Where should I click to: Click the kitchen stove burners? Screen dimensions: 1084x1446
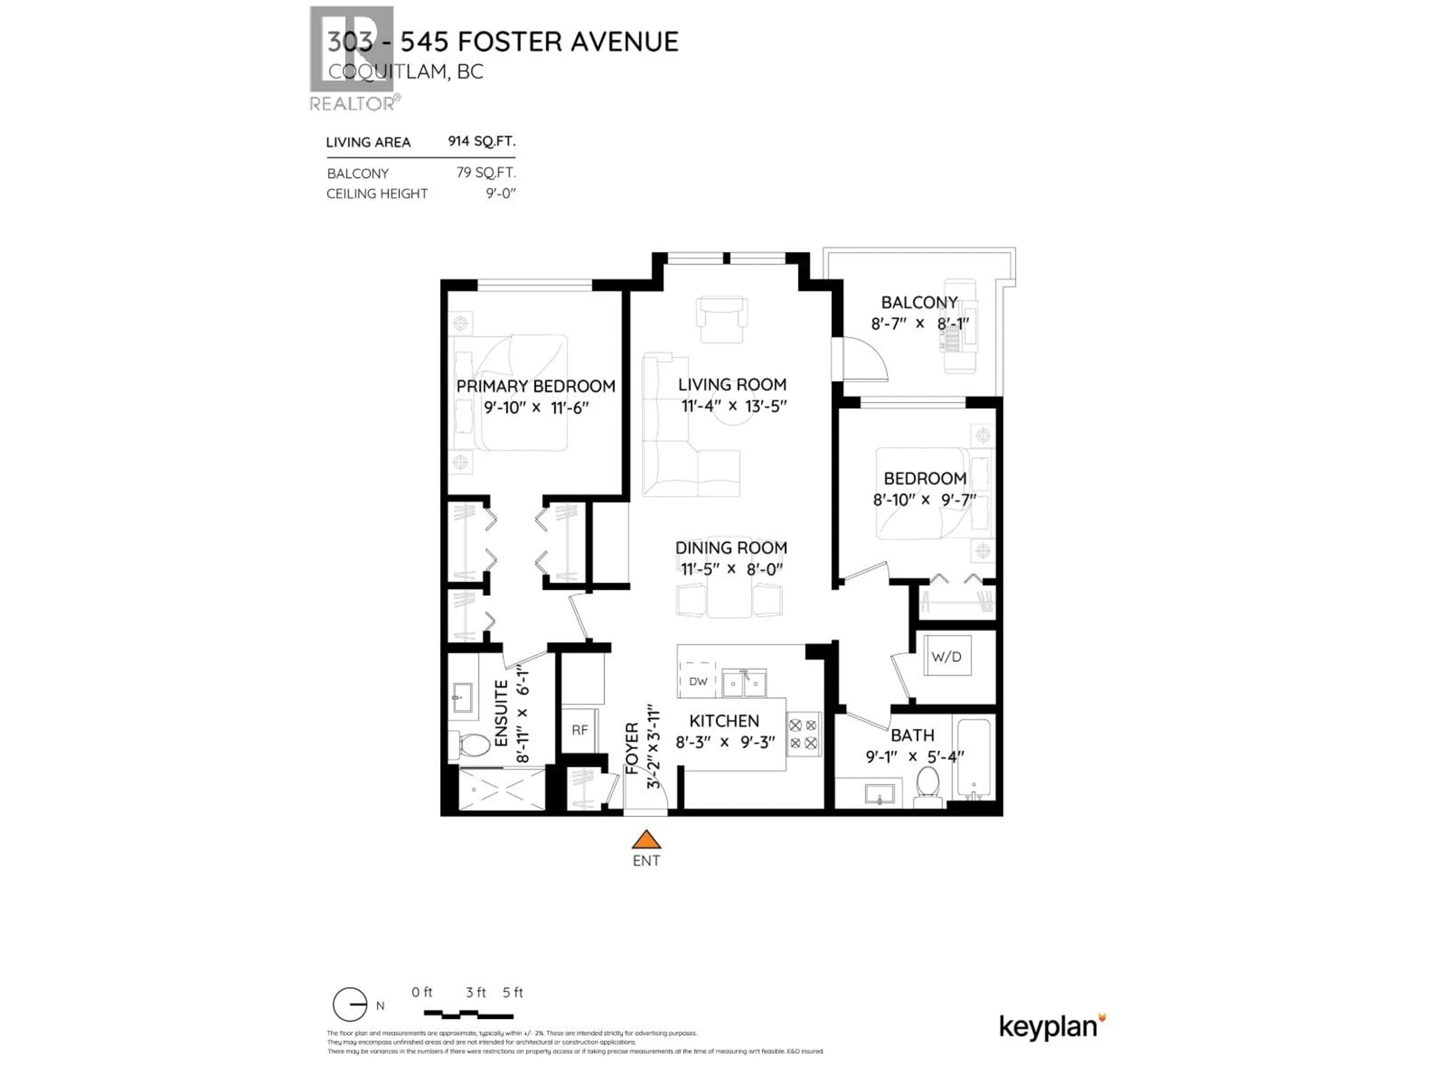coord(803,734)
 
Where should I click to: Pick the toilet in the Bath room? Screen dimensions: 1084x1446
coord(927,784)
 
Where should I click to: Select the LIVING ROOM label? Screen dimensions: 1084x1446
coord(732,385)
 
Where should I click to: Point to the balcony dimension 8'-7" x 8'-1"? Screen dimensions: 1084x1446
coord(919,323)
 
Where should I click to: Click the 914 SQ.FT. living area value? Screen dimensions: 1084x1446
coord(481,141)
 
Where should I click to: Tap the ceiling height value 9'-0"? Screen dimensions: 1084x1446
coord(500,193)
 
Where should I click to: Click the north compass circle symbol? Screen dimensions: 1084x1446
coord(350,1004)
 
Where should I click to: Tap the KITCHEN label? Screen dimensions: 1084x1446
coord(724,721)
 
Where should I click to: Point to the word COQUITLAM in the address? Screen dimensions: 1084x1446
coord(387,71)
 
